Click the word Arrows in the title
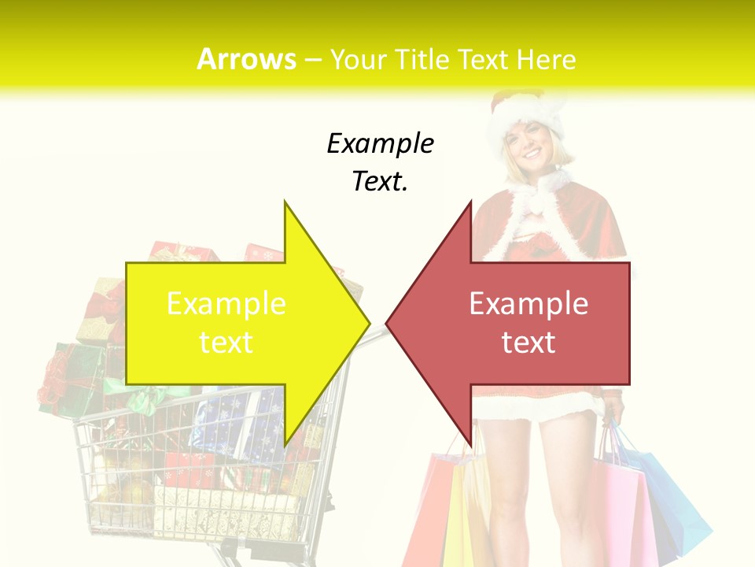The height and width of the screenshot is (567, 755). point(246,59)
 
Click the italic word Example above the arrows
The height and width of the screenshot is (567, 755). point(380,144)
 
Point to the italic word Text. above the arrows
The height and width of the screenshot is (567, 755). point(380,182)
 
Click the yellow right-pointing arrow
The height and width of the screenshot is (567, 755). point(236,323)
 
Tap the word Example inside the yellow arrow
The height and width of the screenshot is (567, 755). point(226,304)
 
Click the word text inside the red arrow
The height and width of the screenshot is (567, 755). point(528,343)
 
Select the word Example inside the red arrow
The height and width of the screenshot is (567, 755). point(528,304)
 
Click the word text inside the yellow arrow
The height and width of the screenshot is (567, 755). point(226,343)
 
